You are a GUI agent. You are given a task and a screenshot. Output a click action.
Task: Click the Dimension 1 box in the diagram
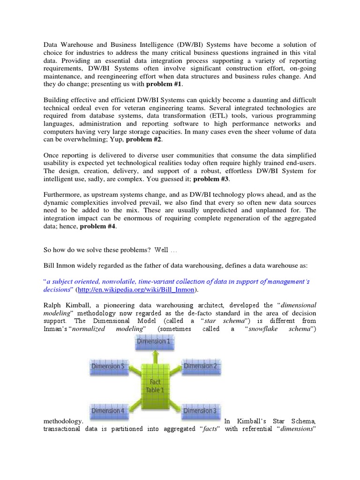(x=154, y=342)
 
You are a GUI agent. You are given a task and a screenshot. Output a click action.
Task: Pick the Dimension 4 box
(x=108, y=411)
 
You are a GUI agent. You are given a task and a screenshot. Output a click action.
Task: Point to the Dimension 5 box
(x=108, y=366)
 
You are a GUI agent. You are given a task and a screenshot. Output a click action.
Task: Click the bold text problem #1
(x=165, y=84)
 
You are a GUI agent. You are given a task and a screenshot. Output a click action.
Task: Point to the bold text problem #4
(x=97, y=226)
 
